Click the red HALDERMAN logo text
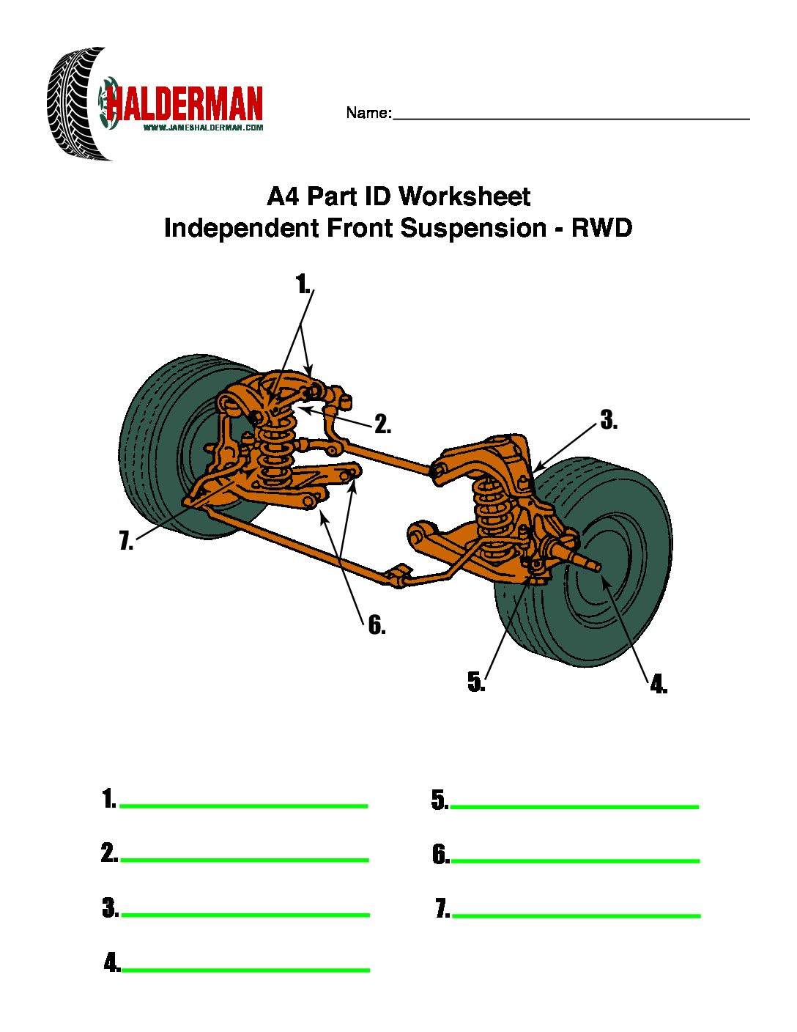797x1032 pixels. pyautogui.click(x=185, y=104)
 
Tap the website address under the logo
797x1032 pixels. pyautogui.click(x=203, y=128)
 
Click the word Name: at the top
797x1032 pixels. pyautogui.click(x=368, y=113)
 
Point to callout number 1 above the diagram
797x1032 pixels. pyautogui.click(x=303, y=284)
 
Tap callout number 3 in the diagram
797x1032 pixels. pyautogui.click(x=609, y=421)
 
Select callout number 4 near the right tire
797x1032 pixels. pyautogui.click(x=658, y=685)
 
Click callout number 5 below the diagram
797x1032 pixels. pyautogui.click(x=476, y=682)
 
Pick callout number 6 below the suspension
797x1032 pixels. pyautogui.click(x=377, y=625)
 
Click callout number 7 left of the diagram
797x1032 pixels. pyautogui.click(x=126, y=542)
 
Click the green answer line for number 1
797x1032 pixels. pyautogui.click(x=243, y=806)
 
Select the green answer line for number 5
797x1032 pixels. pyautogui.click(x=574, y=807)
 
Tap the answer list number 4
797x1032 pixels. pyautogui.click(x=112, y=963)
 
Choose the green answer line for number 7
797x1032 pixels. pyautogui.click(x=577, y=915)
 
